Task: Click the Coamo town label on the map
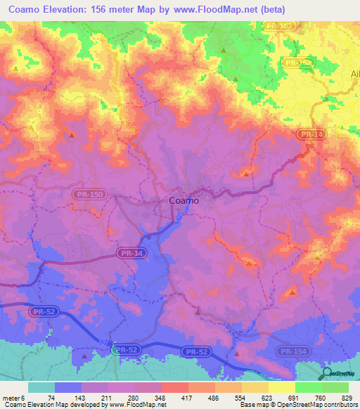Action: pyautogui.click(x=184, y=201)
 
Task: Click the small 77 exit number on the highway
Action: pyautogui.click(x=104, y=342)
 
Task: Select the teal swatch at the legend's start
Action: pyautogui.click(x=41, y=387)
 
